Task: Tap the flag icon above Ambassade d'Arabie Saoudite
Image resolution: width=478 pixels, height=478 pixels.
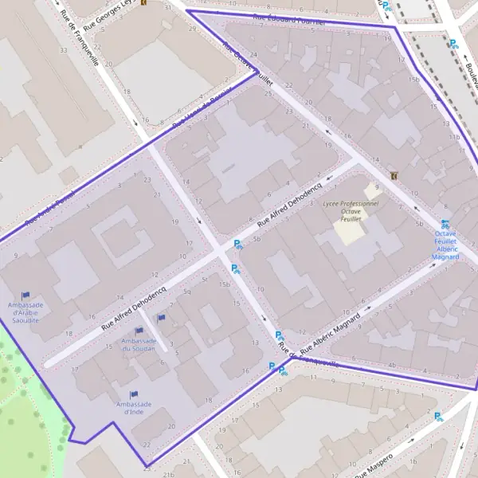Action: coord(25,296)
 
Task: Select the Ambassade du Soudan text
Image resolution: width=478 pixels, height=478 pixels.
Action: coord(139,346)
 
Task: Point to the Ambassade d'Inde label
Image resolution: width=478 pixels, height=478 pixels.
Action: coord(133,408)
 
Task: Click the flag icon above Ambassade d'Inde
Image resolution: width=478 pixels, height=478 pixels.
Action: coord(133,394)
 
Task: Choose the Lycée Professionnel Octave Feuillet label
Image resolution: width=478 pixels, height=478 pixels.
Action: coord(351,210)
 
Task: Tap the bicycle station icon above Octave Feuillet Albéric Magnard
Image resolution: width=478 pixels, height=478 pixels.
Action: coord(445,225)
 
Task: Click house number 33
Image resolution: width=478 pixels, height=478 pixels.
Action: coord(63,50)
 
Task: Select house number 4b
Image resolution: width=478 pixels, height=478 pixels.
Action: coord(391,366)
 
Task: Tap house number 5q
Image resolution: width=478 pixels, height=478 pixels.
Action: coord(187,292)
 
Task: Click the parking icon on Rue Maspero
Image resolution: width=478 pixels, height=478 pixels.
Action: coord(437,415)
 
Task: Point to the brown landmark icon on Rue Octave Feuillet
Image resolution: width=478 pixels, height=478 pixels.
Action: coord(393,175)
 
